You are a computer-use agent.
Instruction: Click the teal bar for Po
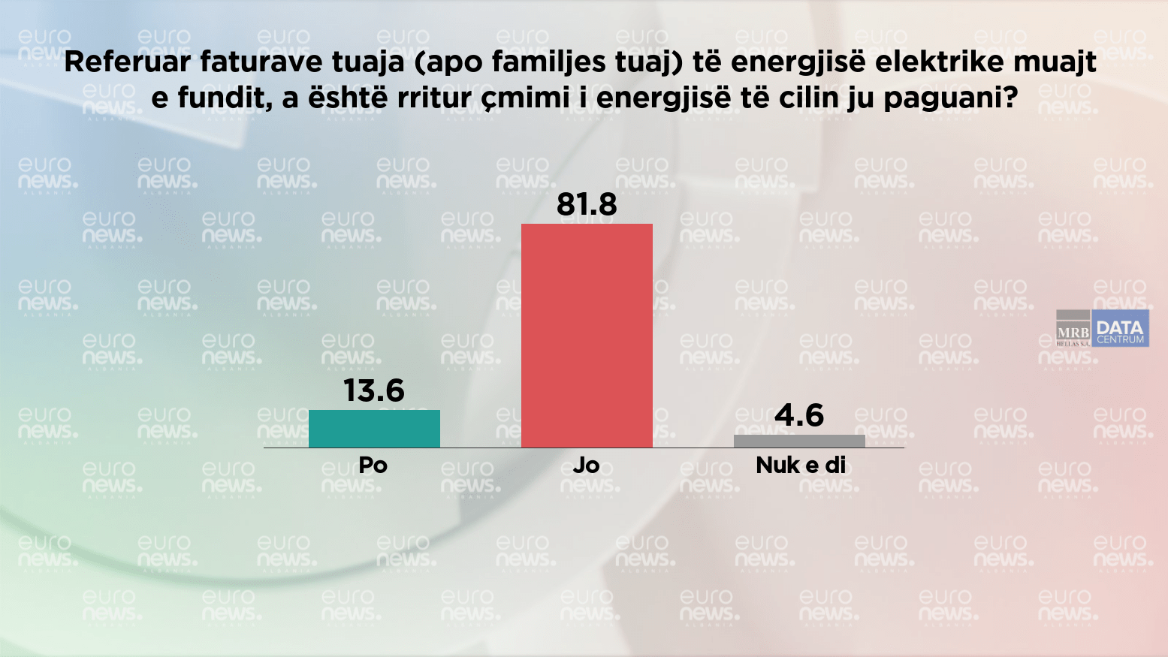coord(374,429)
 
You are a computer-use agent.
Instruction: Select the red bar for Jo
coord(587,335)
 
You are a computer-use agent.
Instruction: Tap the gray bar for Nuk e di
coord(799,441)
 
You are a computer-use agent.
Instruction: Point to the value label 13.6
coord(374,390)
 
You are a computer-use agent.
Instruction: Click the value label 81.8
coord(587,204)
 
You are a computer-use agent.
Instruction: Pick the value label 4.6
coord(799,415)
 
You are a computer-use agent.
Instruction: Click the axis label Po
coord(373,466)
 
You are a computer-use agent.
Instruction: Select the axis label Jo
coord(586,466)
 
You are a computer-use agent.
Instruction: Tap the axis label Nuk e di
coord(801,466)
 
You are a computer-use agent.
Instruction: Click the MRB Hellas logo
coord(1073,328)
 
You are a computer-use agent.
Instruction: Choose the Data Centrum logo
coord(1120,328)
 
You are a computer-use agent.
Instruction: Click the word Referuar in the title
coord(128,62)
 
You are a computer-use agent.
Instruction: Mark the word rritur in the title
coord(434,98)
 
